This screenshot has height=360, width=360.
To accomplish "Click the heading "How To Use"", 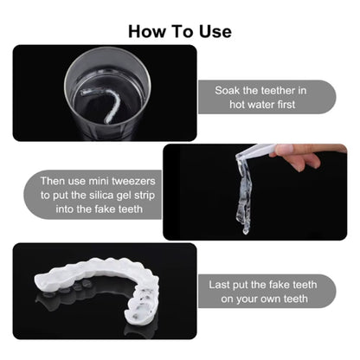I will point(180,31).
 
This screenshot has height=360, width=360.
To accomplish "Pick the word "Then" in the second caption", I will point(55,183).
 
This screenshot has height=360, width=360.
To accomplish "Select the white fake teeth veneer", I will point(105,289).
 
